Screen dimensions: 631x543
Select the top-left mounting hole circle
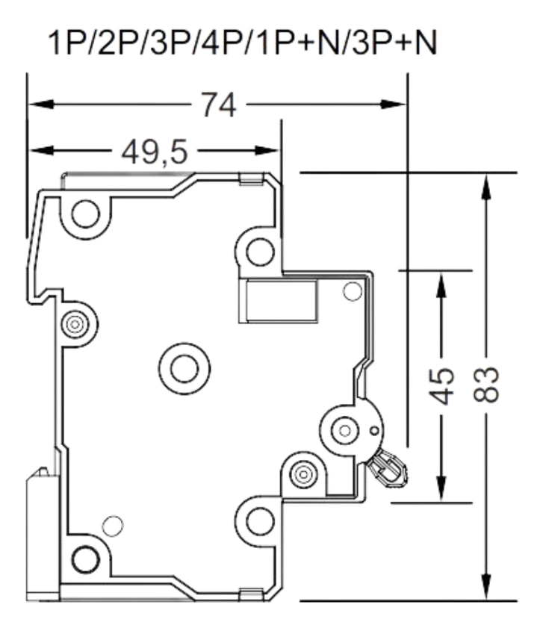click(86, 214)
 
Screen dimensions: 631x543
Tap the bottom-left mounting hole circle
click(86, 557)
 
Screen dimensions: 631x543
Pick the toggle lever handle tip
click(392, 468)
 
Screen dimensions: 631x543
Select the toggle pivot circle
click(344, 429)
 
